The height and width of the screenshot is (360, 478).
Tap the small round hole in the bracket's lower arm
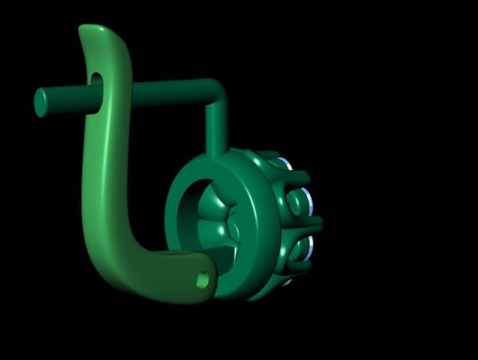point(202,279)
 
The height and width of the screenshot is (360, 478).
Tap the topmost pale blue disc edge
point(289,165)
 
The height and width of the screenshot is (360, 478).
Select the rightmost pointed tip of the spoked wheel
point(320,221)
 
